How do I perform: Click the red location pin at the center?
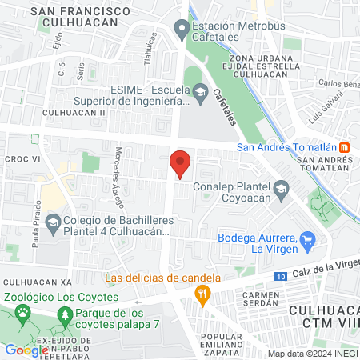point(181,162)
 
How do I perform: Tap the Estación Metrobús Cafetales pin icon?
point(182,31)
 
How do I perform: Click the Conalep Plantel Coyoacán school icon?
point(281,190)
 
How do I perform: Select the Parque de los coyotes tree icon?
point(67,318)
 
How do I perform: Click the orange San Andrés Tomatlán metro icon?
point(344,146)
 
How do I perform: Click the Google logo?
point(26,350)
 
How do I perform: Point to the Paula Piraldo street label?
point(36,231)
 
